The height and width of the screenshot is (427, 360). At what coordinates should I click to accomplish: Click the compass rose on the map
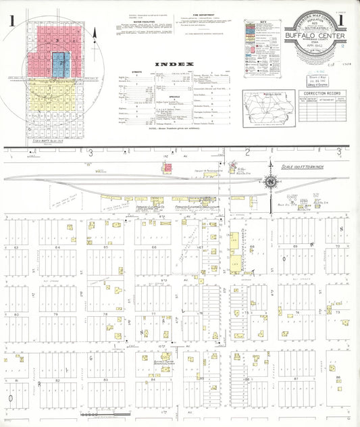270,181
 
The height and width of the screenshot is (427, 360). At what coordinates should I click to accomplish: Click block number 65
105,248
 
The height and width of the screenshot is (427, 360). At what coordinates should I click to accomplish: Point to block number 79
57,314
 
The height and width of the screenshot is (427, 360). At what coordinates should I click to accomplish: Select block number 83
105,380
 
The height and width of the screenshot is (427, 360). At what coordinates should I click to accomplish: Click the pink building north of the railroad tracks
232,164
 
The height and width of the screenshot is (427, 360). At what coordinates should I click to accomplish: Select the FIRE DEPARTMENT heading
203,14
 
